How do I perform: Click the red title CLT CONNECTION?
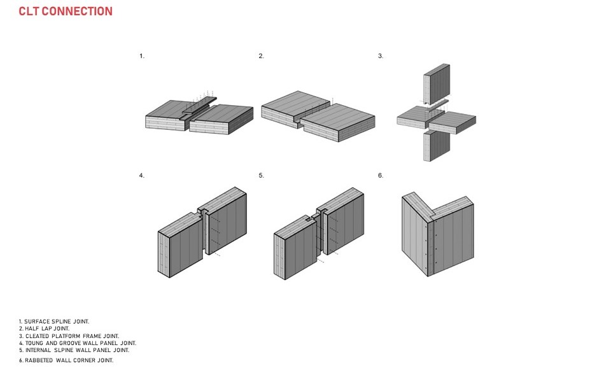pyautogui.click(x=66, y=11)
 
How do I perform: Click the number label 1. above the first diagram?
pyautogui.click(x=142, y=56)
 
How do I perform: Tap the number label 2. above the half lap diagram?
pyautogui.click(x=261, y=56)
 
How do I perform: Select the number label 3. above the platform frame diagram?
pyautogui.click(x=381, y=56)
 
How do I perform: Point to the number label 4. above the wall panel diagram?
pyautogui.click(x=142, y=175)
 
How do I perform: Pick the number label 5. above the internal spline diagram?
pyautogui.click(x=261, y=175)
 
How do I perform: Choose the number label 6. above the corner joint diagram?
pyautogui.click(x=381, y=175)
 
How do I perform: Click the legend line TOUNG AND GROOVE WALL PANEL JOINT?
pyautogui.click(x=77, y=343)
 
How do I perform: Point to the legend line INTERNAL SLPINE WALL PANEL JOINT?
pyautogui.click(x=74, y=350)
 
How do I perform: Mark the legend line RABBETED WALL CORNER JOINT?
pyautogui.click(x=66, y=360)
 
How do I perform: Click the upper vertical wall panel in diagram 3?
pyautogui.click(x=438, y=86)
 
